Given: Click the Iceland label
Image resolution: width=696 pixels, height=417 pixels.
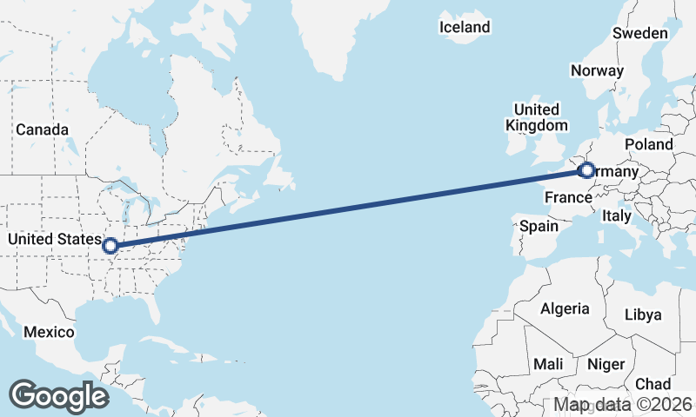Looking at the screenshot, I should coord(465,28).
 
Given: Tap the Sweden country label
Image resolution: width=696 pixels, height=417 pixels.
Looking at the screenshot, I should coord(639,33).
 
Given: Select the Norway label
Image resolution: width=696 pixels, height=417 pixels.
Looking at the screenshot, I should coord(597,71).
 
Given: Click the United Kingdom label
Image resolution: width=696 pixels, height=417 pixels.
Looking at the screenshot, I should coord(536,117).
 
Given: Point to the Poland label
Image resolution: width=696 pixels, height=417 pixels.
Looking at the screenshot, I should coord(648,144).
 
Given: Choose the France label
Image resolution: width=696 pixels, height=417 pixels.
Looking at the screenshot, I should coord(568,198).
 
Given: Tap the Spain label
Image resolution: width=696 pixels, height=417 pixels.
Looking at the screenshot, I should coord(539,226).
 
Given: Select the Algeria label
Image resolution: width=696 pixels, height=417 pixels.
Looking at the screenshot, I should coord(565,308).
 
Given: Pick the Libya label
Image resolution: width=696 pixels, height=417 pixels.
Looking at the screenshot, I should coord(643,314).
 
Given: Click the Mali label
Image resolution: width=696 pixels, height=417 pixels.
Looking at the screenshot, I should coord(548,364).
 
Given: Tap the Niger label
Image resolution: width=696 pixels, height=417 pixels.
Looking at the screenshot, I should coord(606,364).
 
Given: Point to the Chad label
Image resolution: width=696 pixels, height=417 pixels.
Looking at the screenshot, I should coord(652,384).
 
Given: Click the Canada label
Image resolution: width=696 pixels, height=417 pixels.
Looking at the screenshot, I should coord(42,129).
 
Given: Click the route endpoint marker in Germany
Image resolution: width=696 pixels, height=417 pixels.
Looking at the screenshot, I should coord(586,170).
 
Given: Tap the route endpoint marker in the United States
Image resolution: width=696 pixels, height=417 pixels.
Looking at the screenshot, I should coord(110,246).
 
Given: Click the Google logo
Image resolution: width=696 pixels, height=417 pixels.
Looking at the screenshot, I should coord(58,395).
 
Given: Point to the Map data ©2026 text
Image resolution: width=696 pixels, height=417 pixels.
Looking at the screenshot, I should coord(623,405).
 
